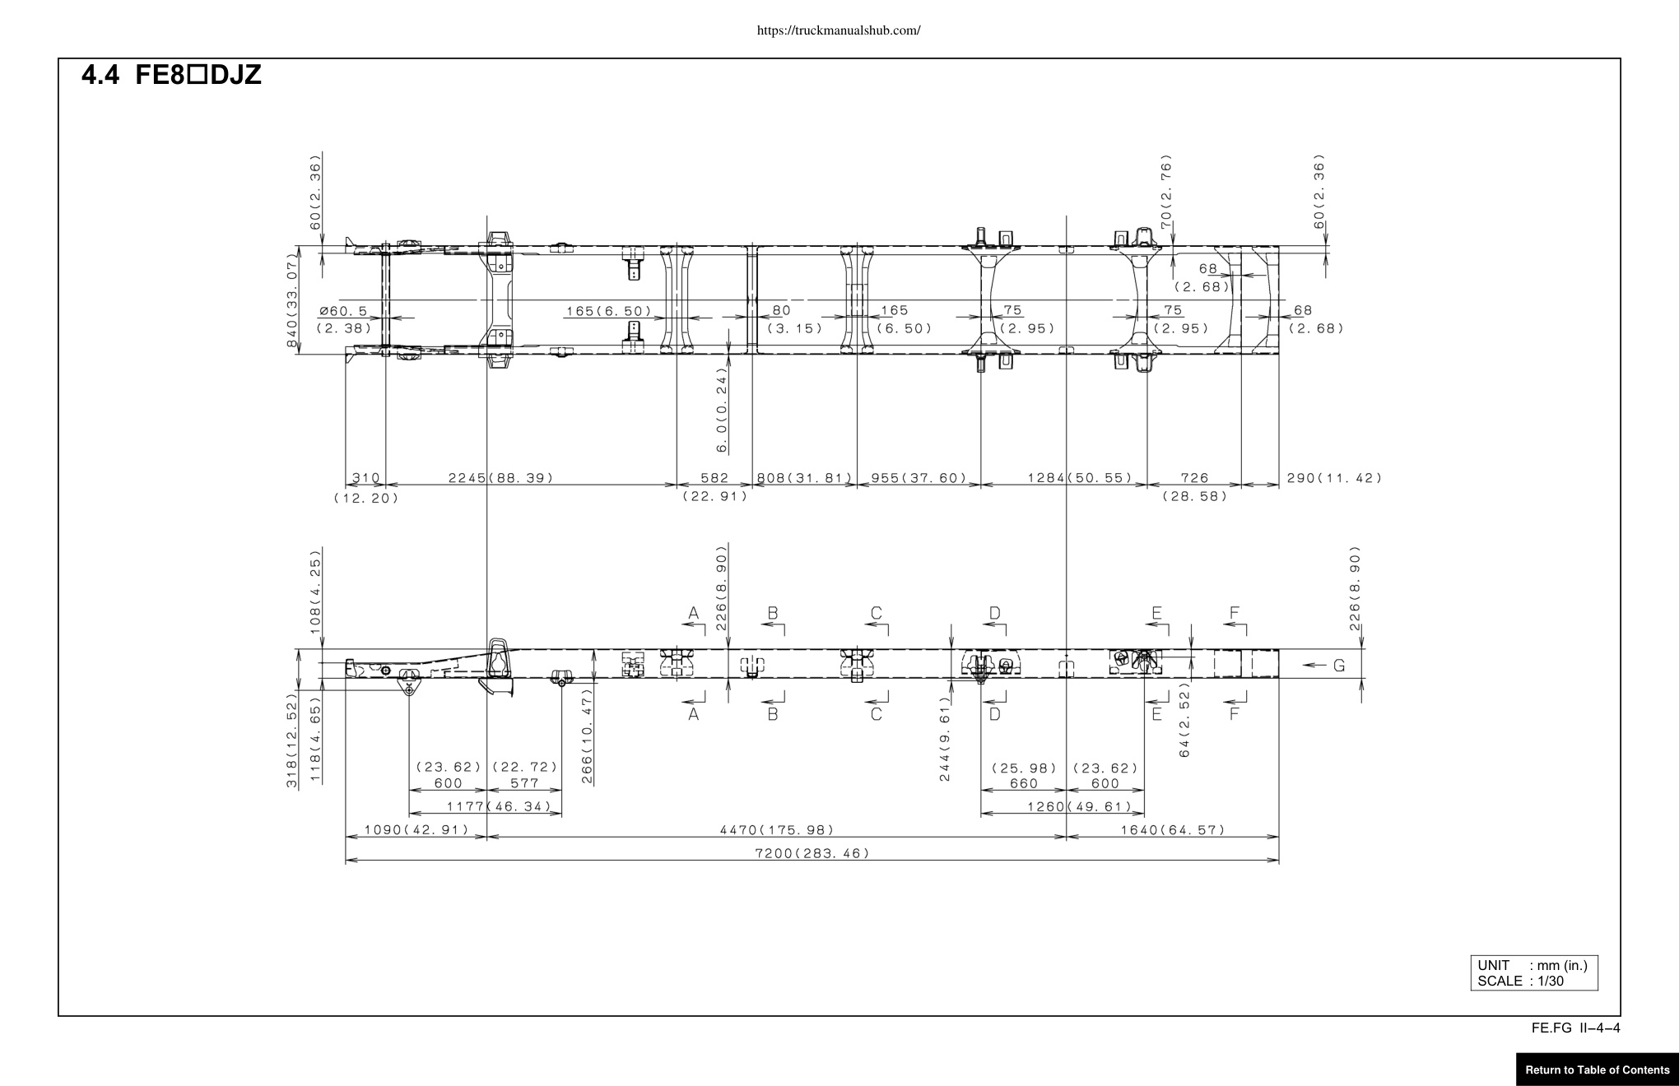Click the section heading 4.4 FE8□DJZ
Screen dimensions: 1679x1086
[171, 75]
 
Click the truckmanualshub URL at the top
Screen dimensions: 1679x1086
[838, 31]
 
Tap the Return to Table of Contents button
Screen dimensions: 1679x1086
[1598, 1070]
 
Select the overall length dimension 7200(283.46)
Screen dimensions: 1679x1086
[812, 853]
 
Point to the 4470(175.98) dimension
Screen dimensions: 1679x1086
[777, 830]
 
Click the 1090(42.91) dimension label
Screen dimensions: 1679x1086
[416, 830]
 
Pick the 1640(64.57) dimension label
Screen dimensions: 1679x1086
[1173, 830]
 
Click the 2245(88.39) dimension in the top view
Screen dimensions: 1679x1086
[500, 478]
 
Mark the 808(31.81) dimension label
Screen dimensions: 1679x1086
[804, 478]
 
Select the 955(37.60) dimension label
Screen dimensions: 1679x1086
[919, 478]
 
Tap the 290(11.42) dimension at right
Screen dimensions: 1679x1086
[1334, 478]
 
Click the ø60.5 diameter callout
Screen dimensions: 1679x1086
[343, 319]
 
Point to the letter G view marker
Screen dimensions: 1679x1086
[1339, 666]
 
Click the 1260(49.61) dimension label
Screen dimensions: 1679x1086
[1080, 806]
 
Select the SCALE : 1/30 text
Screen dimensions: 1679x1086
[1521, 981]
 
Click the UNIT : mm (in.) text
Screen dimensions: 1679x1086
[1532, 966]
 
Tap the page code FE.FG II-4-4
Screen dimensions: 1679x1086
[1576, 1028]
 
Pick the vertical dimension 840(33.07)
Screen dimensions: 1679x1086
[292, 300]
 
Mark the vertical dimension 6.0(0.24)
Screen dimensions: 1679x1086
[722, 410]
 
